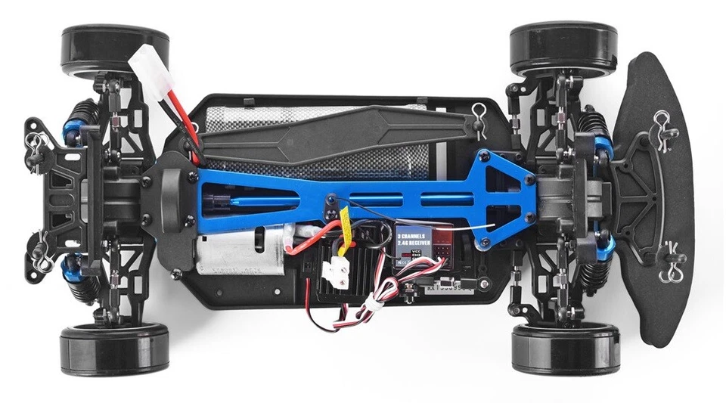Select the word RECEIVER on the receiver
coord(420,243)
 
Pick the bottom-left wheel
coord(113,349)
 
